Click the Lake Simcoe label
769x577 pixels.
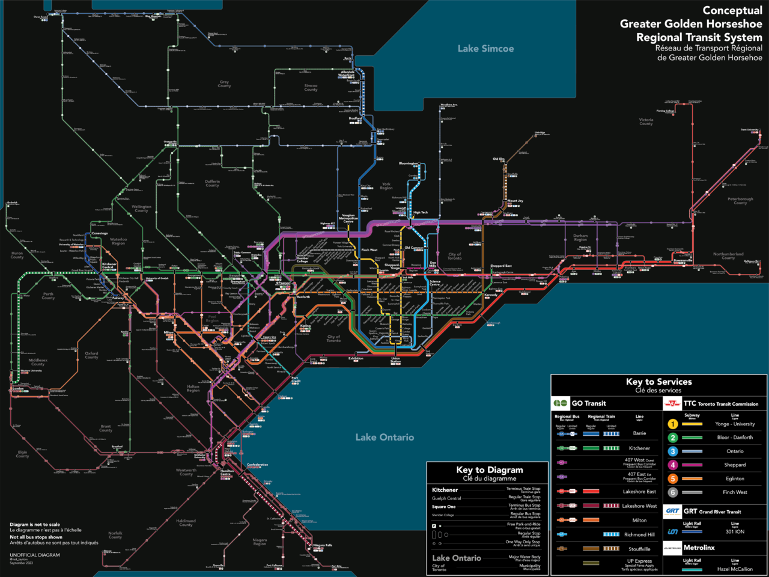485,49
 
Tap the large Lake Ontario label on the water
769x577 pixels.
384,437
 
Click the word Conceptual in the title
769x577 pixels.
732,10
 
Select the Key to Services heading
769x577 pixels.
658,382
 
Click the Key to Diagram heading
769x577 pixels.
489,470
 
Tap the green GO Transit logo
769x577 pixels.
561,403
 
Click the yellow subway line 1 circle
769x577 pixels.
673,424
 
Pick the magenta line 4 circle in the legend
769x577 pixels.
673,465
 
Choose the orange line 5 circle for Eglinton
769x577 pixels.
673,478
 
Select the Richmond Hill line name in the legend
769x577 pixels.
640,534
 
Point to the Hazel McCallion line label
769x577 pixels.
734,569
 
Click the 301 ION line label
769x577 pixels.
734,531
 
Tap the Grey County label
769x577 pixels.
224,84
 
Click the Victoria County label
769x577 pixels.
646,121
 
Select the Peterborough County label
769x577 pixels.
740,201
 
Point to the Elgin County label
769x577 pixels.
22,454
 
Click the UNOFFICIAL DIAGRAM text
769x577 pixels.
35,555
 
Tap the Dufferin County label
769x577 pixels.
212,183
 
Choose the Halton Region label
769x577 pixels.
193,388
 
